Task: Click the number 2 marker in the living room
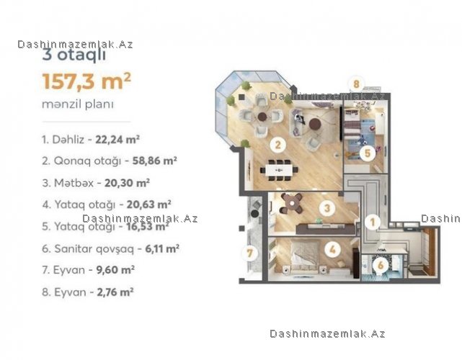tap(277, 145)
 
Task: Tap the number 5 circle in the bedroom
tap(367, 153)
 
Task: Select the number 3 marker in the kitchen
tap(327, 208)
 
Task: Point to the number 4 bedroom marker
tap(332, 250)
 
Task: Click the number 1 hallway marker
tap(373, 222)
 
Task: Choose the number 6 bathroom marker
tap(381, 265)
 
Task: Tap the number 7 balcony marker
tap(249, 253)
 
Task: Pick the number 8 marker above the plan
tap(356, 84)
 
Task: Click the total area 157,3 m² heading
tap(86, 81)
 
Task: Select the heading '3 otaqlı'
tap(74, 55)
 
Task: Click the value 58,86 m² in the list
tap(155, 161)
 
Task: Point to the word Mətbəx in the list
tap(74, 183)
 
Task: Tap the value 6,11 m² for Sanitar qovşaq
tap(162, 248)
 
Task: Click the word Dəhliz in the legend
tap(68, 139)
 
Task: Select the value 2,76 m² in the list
tap(115, 292)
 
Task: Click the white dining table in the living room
tap(279, 170)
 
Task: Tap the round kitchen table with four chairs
tap(292, 203)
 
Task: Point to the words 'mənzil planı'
tap(78, 104)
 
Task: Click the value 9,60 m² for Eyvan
tap(115, 270)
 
